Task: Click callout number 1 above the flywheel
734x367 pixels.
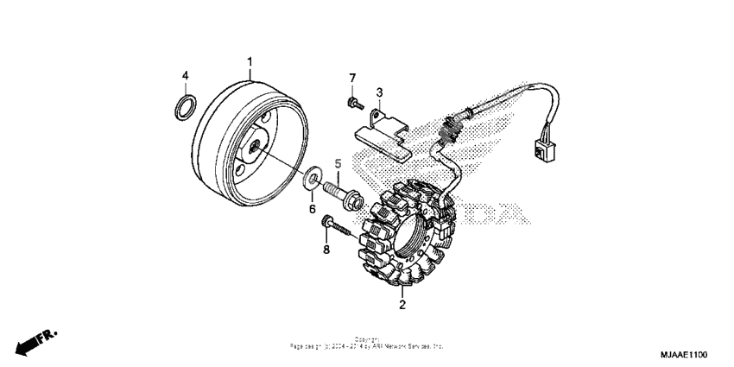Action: [x=250, y=61]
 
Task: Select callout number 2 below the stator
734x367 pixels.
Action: [x=402, y=304]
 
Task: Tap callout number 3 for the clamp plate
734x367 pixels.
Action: [x=379, y=92]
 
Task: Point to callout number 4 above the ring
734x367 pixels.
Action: [x=184, y=75]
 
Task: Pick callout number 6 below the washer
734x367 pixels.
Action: [x=313, y=208]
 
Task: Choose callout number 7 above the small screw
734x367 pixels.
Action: [x=352, y=79]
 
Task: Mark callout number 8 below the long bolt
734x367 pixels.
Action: [x=326, y=250]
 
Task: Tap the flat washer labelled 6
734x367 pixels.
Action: [x=308, y=181]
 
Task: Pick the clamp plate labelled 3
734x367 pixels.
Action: [x=385, y=129]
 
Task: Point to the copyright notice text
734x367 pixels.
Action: [x=366, y=343]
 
